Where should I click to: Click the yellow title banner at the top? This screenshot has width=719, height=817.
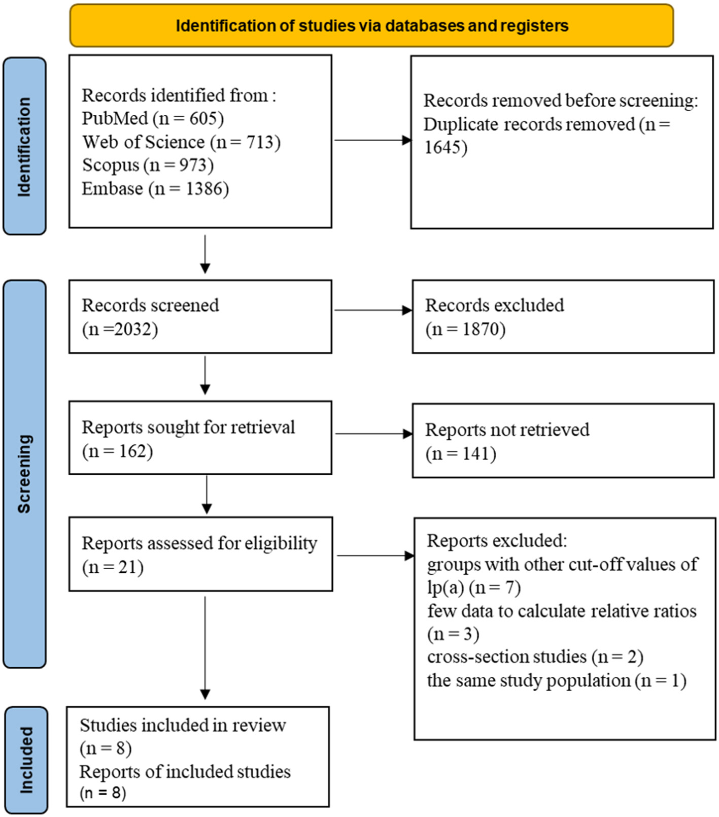click(x=371, y=25)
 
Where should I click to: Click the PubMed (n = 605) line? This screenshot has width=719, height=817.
click(x=153, y=118)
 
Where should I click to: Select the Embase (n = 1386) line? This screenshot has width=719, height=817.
click(x=155, y=188)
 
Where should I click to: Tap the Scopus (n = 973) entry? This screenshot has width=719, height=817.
click(x=148, y=165)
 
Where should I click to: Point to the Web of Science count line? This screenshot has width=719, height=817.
click(x=181, y=142)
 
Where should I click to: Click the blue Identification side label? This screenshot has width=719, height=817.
click(x=24, y=146)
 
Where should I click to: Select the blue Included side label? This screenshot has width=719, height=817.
click(x=26, y=760)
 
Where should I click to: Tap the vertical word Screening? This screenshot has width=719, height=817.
click(x=24, y=473)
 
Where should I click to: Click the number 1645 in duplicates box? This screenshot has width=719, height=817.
click(x=446, y=147)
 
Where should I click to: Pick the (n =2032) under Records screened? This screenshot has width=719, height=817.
click(x=120, y=330)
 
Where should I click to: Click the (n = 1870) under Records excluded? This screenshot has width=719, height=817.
click(x=465, y=330)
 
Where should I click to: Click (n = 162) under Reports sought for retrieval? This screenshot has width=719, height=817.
click(x=117, y=451)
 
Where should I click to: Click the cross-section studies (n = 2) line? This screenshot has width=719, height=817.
click(x=535, y=657)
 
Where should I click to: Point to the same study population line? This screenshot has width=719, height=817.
click(x=556, y=680)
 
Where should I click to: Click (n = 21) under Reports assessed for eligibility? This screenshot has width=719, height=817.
click(x=113, y=567)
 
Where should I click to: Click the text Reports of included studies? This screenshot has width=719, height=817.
click(x=185, y=772)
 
